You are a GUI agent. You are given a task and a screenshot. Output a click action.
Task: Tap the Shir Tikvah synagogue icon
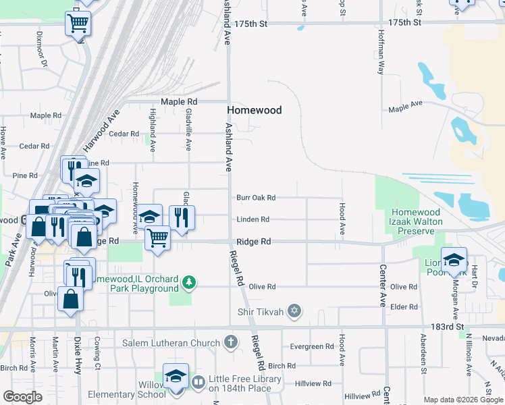coord(293,311)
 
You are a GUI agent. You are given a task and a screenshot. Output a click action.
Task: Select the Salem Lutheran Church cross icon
coord(232,343)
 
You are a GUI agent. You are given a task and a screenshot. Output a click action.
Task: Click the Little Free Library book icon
coord(198,383)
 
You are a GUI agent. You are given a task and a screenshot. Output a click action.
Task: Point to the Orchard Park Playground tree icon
coord(191,282)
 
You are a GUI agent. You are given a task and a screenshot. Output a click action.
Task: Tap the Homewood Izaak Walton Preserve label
coord(415,221)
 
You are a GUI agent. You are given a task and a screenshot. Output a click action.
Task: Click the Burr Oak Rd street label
coord(256,198)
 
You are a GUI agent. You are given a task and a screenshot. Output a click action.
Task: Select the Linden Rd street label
coord(253,219)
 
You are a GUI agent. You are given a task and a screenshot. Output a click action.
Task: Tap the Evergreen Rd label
coord(311,347)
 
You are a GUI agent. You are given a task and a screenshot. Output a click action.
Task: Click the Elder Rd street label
coord(404,307)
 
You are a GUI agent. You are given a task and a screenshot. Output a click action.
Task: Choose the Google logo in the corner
coord(23,396)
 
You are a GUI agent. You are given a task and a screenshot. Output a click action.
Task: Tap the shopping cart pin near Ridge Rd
coord(158,238)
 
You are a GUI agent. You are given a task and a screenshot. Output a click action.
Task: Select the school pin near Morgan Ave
coord(454,259)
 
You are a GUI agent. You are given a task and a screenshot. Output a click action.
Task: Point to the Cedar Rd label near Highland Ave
coord(124,134)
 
